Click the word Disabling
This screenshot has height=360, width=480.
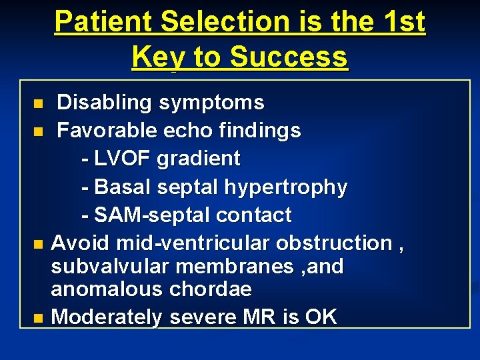tap(104, 103)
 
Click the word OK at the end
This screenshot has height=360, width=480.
tap(321, 317)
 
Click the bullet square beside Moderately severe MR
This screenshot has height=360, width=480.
tap(39, 317)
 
